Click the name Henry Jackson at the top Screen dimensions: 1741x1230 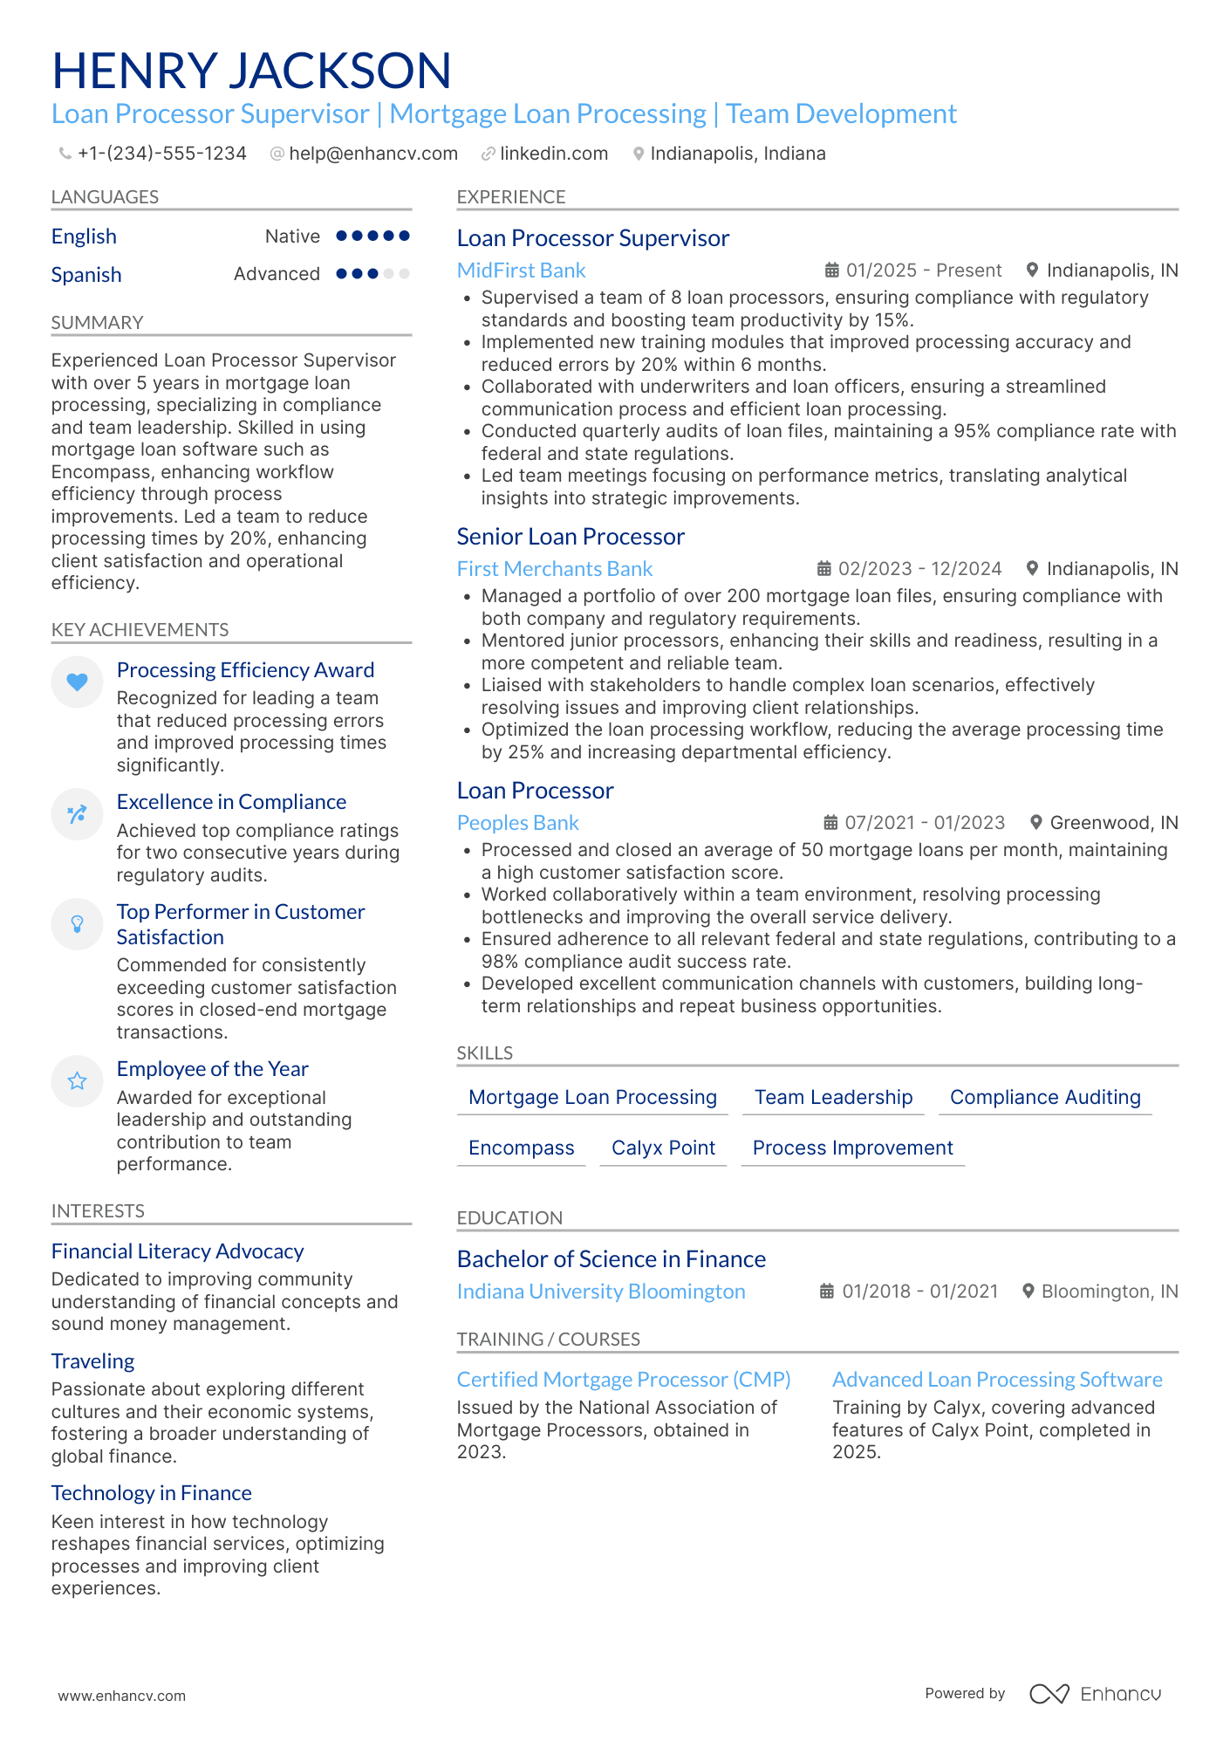[x=251, y=71]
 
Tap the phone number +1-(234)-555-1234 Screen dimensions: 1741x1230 [x=161, y=154]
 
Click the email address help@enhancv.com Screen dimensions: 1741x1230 [x=372, y=154]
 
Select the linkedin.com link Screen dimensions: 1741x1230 [x=553, y=154]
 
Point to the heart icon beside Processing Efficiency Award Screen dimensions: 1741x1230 [x=78, y=682]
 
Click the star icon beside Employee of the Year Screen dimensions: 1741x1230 [x=78, y=1081]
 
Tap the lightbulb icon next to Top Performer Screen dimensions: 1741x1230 [x=78, y=923]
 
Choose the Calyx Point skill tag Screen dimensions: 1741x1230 [x=663, y=1148]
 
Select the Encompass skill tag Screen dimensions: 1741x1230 [x=521, y=1148]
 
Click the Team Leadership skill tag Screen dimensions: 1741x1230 [x=833, y=1097]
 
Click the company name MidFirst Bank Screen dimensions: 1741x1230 [x=521, y=271]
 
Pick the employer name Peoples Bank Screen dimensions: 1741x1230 [x=517, y=823]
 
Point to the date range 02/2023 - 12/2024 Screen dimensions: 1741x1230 [x=919, y=569]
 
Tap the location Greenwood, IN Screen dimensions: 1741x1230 [x=1113, y=823]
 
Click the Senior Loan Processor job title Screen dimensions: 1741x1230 [x=571, y=537]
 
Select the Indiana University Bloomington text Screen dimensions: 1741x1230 [x=601, y=1292]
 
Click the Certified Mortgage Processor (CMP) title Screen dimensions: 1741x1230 [x=624, y=1380]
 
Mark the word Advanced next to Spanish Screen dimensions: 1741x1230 [x=277, y=274]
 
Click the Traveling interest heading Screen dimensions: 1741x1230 [x=92, y=1361]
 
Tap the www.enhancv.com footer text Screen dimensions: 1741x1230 [x=122, y=1696]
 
